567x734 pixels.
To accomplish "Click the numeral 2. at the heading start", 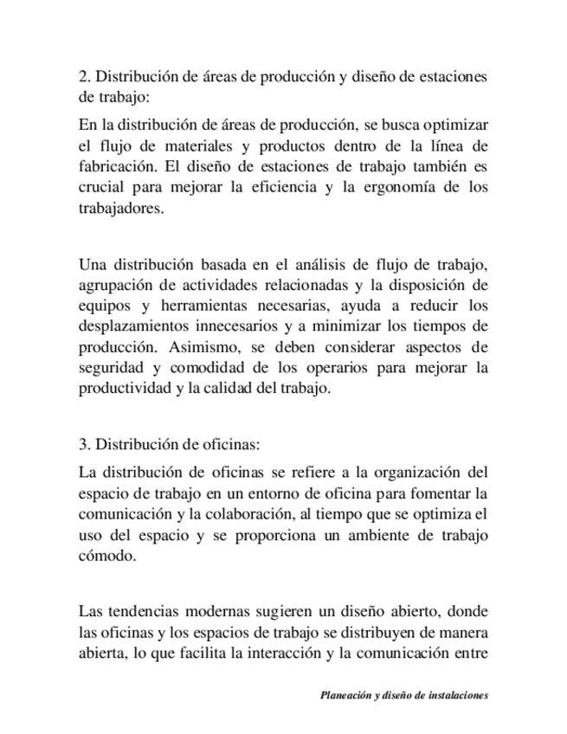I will click(84, 77).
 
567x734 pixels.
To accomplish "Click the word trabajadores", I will click(120, 209).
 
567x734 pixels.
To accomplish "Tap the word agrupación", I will click(116, 285).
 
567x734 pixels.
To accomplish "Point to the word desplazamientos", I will click(135, 326).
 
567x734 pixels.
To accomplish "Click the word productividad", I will click(124, 389).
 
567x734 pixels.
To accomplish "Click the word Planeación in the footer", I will click(349, 694).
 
